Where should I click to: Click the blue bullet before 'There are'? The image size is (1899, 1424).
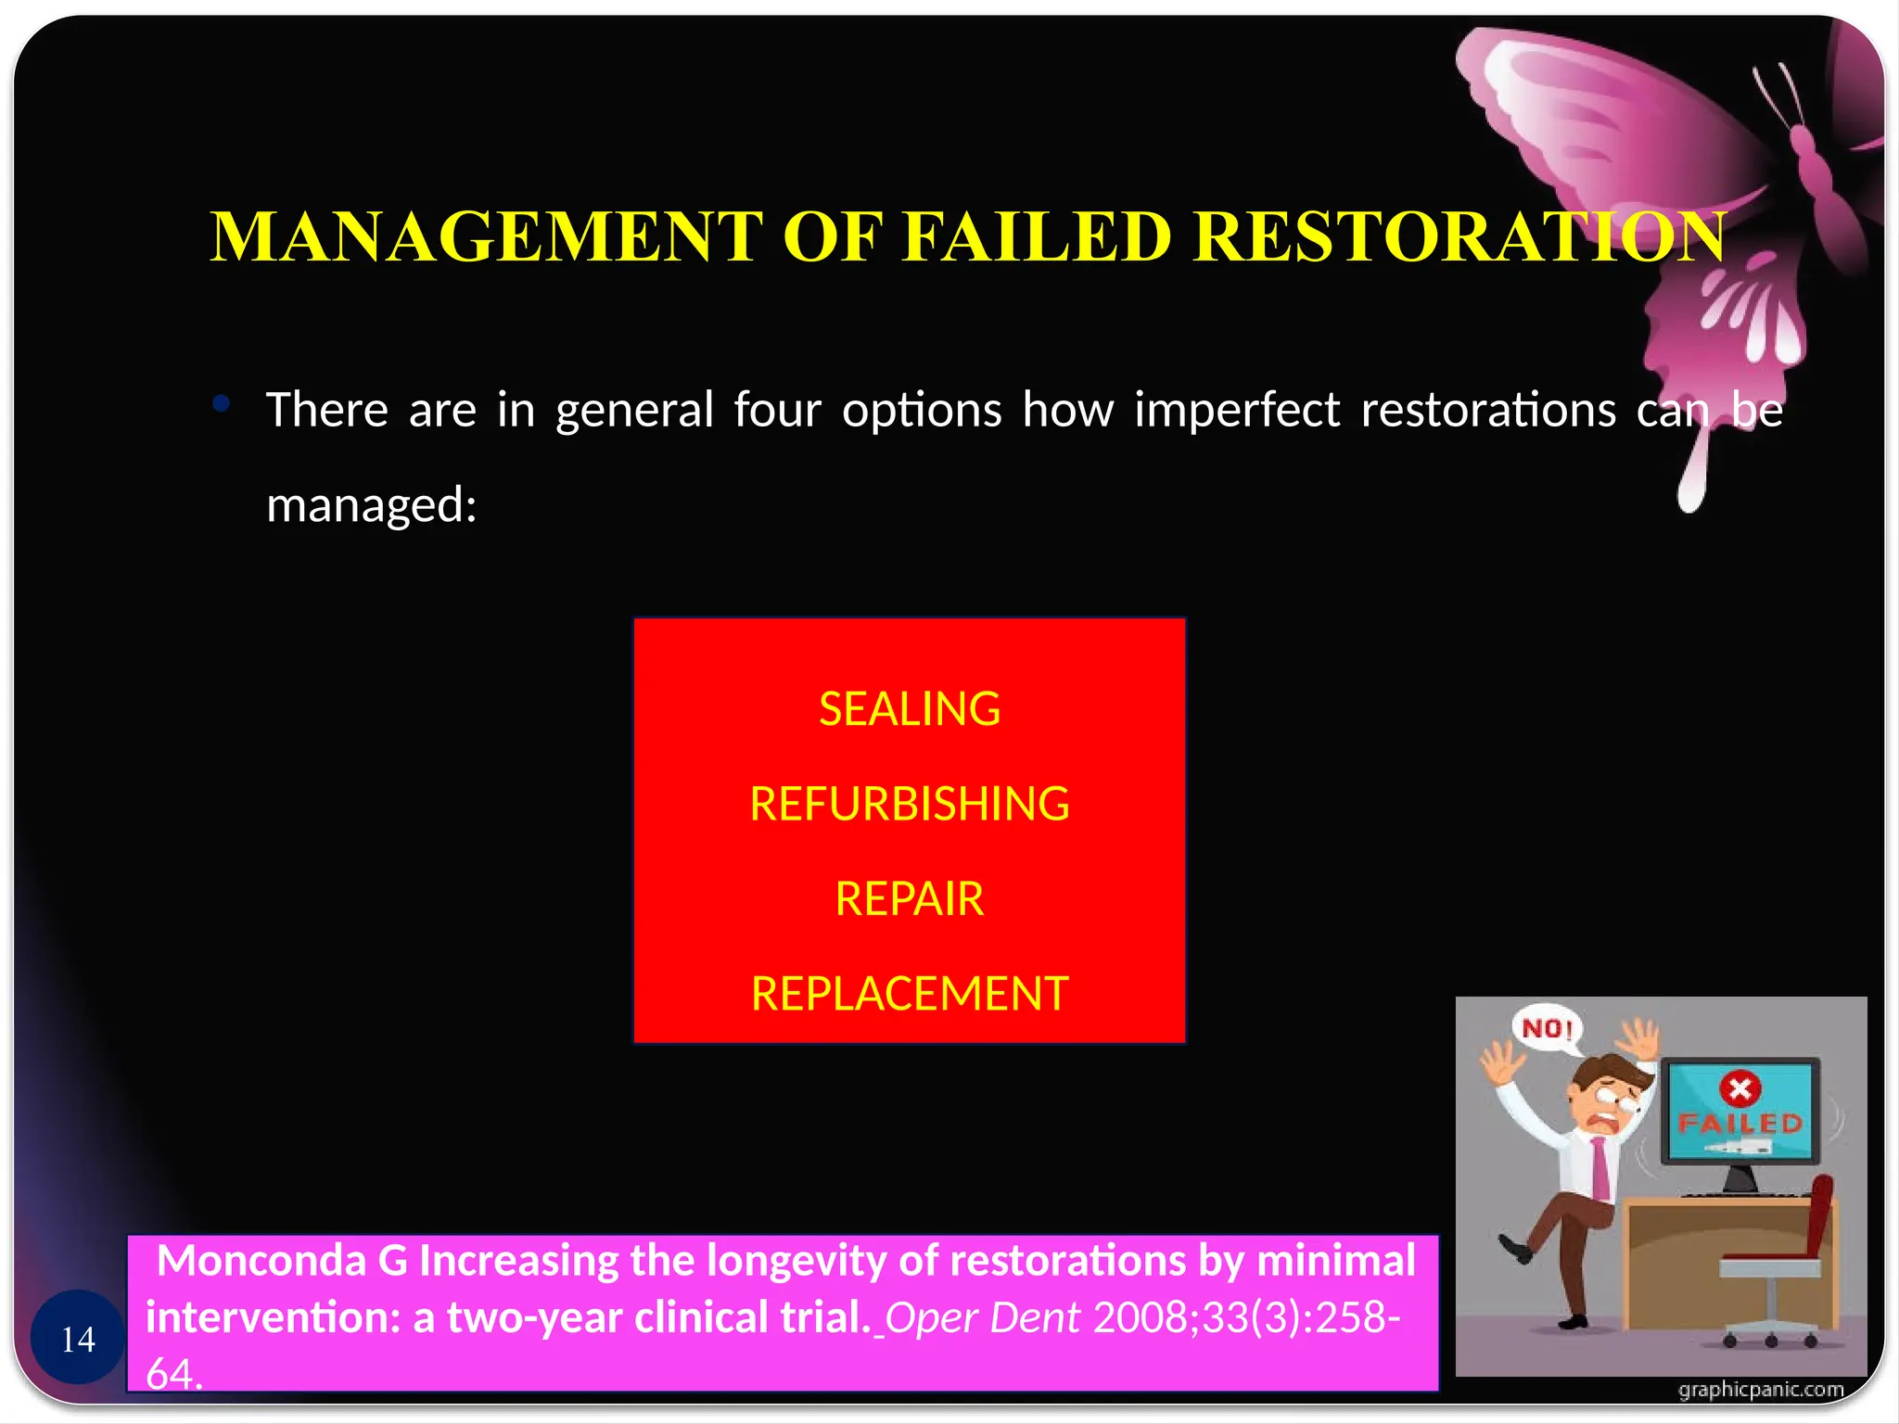(221, 403)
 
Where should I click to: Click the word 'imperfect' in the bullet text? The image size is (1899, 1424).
(1236, 410)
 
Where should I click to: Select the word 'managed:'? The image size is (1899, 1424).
(371, 506)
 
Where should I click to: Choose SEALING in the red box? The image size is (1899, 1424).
(910, 709)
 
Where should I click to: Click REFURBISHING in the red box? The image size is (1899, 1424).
(910, 804)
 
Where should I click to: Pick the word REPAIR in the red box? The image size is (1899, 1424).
(910, 899)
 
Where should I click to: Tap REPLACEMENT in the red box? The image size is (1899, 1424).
(910, 994)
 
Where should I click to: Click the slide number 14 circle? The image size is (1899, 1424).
(78, 1338)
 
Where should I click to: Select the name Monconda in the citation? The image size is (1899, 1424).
(261, 1261)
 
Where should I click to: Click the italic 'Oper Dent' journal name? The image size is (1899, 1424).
(983, 1317)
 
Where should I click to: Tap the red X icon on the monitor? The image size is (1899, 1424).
(1740, 1087)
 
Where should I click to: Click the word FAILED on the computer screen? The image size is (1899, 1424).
(1740, 1124)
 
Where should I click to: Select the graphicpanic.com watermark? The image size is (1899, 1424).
(1760, 1390)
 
